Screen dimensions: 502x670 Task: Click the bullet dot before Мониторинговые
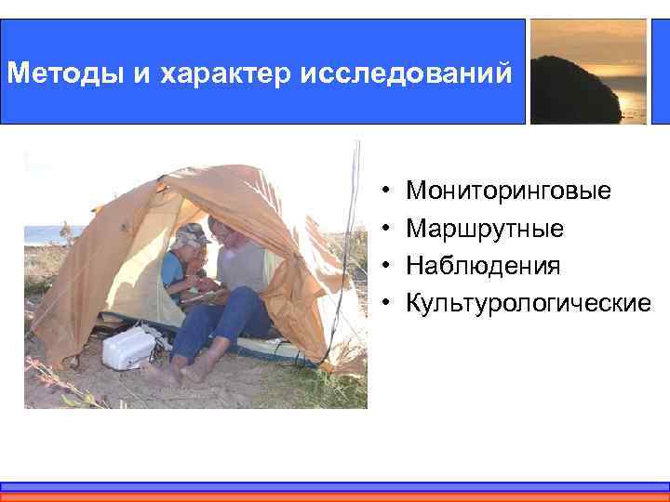click(x=384, y=192)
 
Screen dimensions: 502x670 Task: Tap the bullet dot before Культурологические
click(x=384, y=304)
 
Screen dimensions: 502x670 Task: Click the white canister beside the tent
click(x=127, y=347)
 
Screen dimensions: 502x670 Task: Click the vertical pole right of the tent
click(x=353, y=223)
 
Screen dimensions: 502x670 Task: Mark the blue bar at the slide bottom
click(x=335, y=486)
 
